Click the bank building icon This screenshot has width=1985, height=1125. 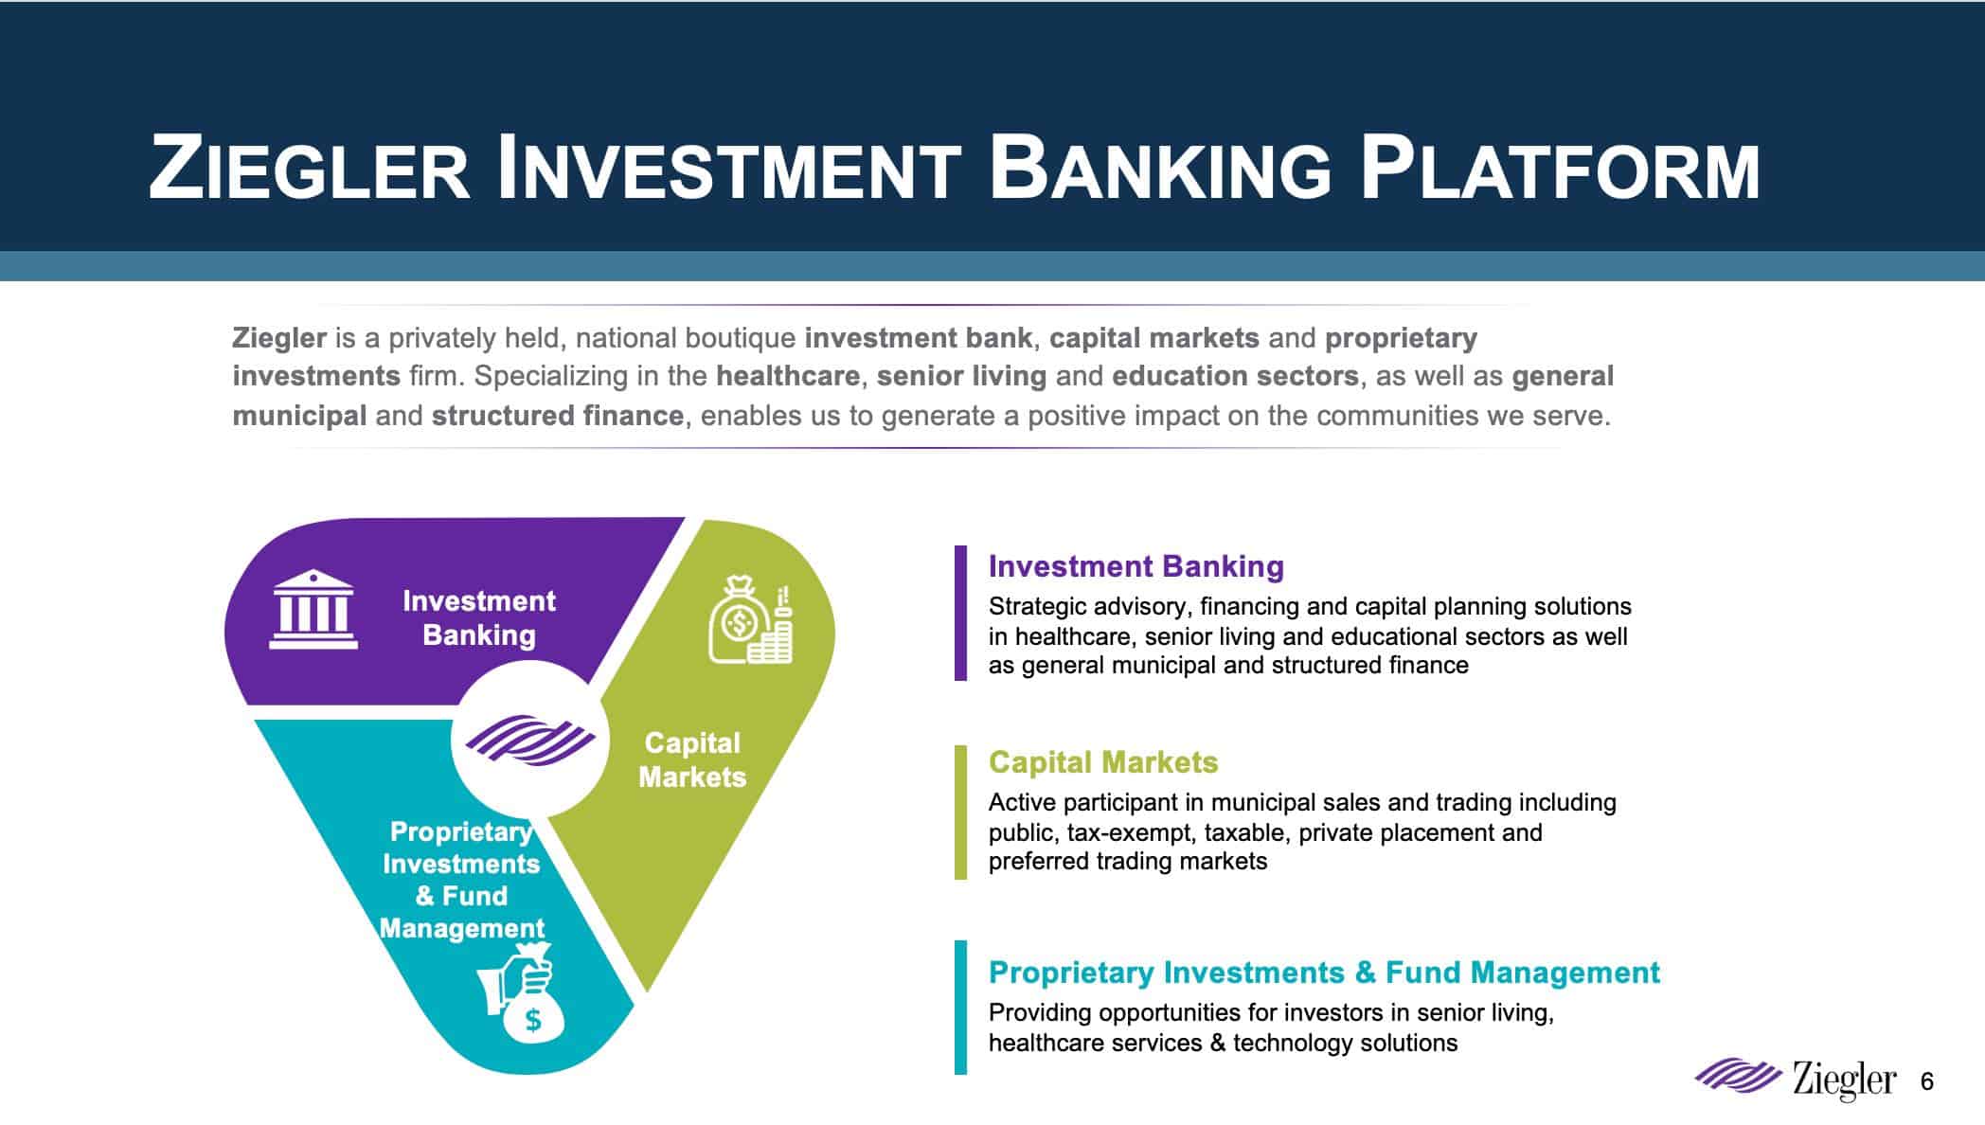313,609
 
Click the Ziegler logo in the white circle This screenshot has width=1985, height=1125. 528,739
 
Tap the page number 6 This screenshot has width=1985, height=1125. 1927,1080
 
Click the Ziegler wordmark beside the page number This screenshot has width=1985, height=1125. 1844,1080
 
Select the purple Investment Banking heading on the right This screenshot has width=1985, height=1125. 1136,566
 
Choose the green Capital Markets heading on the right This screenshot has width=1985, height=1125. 1103,762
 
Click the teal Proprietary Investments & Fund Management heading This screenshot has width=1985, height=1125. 1324,973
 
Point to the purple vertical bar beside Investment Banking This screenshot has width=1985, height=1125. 960,613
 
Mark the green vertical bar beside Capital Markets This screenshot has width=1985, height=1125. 960,812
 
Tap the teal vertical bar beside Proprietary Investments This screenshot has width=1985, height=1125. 960,1008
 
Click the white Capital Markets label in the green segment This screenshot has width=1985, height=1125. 692,760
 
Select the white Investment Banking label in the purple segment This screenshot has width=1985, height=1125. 479,617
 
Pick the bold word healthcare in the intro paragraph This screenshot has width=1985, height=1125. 787,376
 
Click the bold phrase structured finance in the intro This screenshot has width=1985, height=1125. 558,416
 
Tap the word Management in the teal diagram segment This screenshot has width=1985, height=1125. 462,928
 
